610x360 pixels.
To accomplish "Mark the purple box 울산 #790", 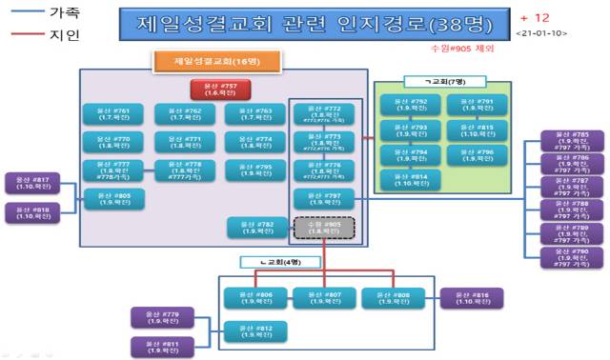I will click(x=571, y=256).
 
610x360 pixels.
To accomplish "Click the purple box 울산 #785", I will click(x=571, y=142).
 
